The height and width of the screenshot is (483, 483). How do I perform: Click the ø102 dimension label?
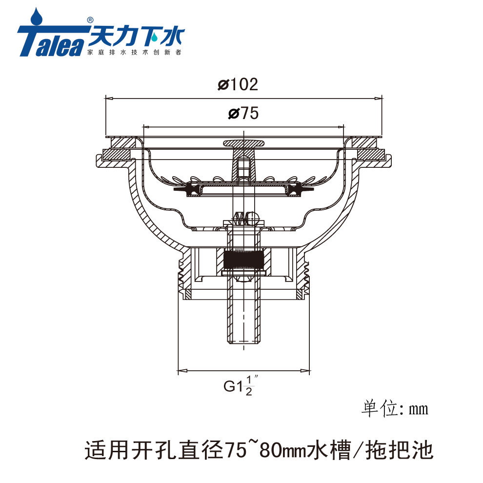coord(238,84)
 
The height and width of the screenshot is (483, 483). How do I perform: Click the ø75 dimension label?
coord(243,113)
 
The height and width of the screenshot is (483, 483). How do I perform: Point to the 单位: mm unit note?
coord(395,409)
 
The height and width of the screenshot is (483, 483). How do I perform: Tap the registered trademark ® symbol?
coord(90,20)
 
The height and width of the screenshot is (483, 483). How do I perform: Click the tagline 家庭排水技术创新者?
coord(134,52)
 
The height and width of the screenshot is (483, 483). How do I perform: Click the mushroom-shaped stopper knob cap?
coord(243,143)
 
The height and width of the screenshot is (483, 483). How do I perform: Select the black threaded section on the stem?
coord(243,259)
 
